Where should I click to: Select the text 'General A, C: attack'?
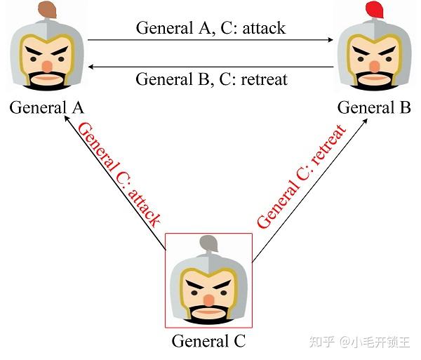(210, 28)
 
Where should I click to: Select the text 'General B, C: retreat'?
(210, 78)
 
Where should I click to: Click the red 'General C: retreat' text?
(301, 177)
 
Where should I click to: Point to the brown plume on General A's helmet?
(48, 9)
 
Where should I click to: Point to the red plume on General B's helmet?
(375, 9)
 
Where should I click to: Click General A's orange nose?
(46, 65)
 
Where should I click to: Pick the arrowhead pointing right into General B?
(331, 40)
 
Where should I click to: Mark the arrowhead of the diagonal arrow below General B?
(366, 121)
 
